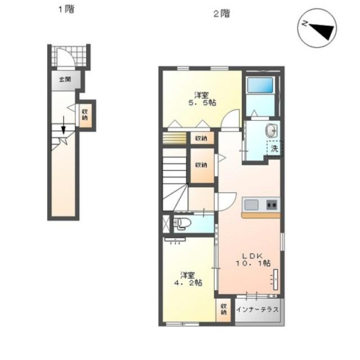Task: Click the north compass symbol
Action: click(x=317, y=28)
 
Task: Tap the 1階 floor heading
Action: click(x=66, y=10)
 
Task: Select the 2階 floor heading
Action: click(x=222, y=13)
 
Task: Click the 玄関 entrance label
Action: click(x=65, y=80)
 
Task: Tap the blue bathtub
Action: click(x=260, y=85)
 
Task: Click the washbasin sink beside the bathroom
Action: click(x=272, y=130)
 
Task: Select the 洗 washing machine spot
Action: click(x=274, y=148)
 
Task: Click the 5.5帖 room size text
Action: click(x=202, y=102)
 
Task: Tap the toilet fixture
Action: click(x=182, y=224)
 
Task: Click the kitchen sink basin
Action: click(x=251, y=205)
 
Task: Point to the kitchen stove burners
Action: click(x=272, y=205)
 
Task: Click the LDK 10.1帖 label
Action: click(x=253, y=259)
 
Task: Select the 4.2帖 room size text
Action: click(x=188, y=282)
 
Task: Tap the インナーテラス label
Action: click(x=258, y=310)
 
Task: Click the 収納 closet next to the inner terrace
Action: click(x=223, y=309)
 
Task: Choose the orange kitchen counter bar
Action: click(x=261, y=215)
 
